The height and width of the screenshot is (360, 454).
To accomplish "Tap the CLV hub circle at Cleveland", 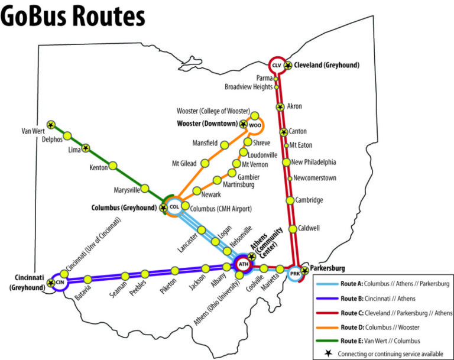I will coord(276,65).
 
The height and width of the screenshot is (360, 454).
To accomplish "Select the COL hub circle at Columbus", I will coord(174,207).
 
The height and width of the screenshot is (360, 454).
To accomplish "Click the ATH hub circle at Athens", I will coord(243,264).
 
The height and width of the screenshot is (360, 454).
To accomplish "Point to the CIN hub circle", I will coord(59,283).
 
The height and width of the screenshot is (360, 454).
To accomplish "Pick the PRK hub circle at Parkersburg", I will coord(295,274).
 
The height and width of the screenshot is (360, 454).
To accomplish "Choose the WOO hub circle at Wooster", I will coord(254,125).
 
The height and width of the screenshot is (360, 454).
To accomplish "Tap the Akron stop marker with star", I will coord(280,107).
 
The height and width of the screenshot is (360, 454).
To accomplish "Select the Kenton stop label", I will coord(98,168).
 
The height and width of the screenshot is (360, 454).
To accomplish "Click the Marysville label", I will coord(127,190).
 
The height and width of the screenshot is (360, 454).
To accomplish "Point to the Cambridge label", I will coord(309,200).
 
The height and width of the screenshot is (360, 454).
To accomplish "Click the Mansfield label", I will coord(205,144).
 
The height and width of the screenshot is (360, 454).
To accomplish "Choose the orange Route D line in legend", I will coord(328,326).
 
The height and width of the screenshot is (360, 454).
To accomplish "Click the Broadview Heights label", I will coord(248,87).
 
